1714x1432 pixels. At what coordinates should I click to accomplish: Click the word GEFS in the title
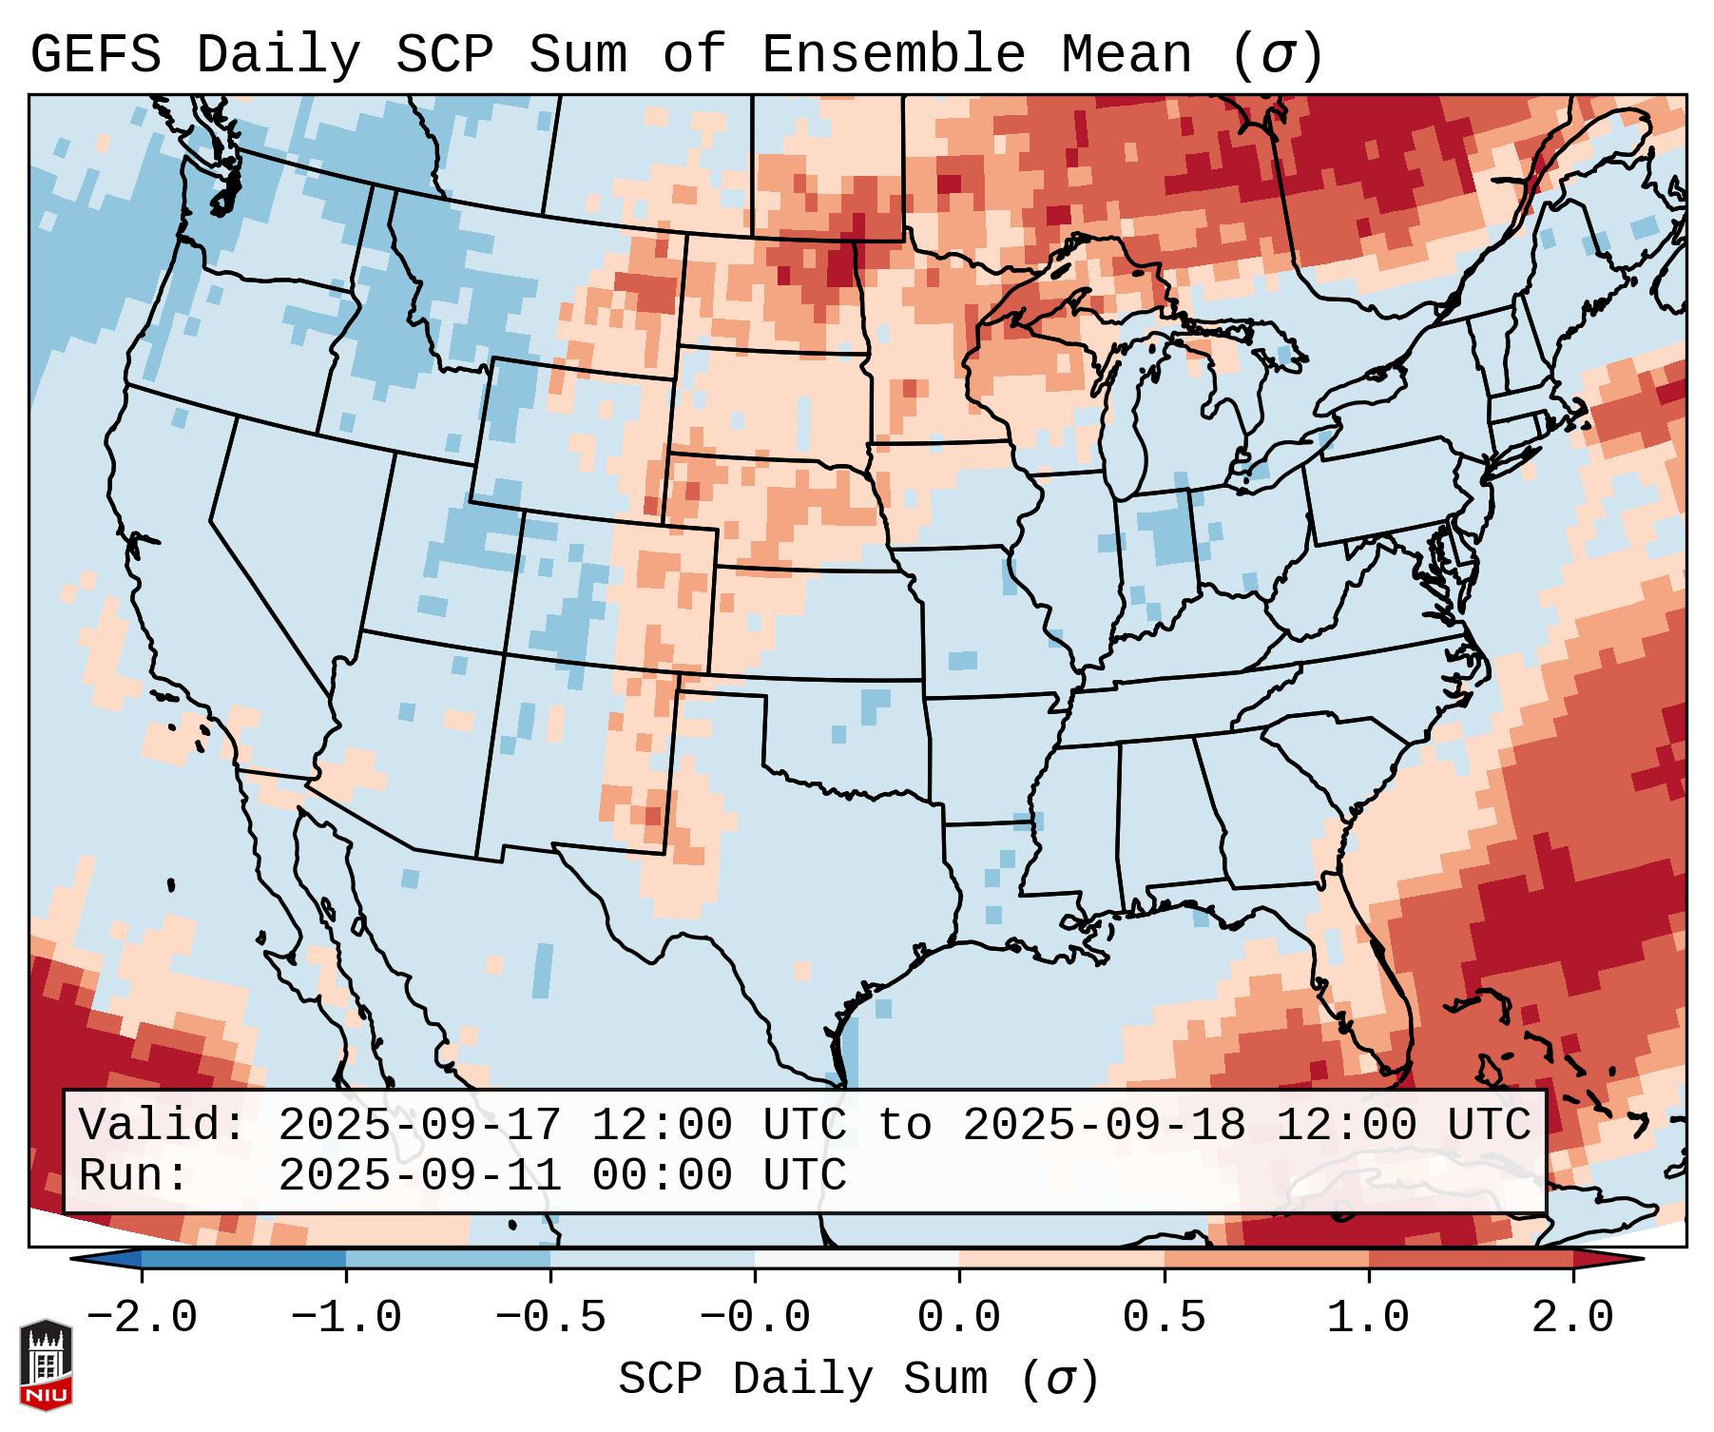coord(95,55)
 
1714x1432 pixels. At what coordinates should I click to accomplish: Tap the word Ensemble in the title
coord(893,55)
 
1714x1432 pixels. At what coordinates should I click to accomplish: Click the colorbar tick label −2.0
coord(142,1318)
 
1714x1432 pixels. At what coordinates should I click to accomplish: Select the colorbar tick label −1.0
coord(346,1318)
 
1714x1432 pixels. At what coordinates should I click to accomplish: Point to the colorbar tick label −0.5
coord(550,1318)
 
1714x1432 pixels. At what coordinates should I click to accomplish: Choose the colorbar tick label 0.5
coord(1164,1318)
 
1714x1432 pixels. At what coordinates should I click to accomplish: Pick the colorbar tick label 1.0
coord(1368,1318)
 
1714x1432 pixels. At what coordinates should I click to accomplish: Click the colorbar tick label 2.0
coord(1572,1318)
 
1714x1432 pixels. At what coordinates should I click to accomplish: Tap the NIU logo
coord(46,1364)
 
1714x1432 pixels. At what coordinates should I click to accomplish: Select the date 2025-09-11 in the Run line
coord(419,1176)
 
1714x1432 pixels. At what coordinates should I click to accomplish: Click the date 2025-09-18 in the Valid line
coord(1104,1126)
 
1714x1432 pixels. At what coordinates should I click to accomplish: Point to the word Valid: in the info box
coord(162,1126)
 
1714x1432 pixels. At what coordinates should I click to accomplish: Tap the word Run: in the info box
coord(133,1176)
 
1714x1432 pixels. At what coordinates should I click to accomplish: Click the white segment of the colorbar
coord(857,1259)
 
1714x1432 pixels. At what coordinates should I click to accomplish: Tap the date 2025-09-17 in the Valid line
coord(419,1126)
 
